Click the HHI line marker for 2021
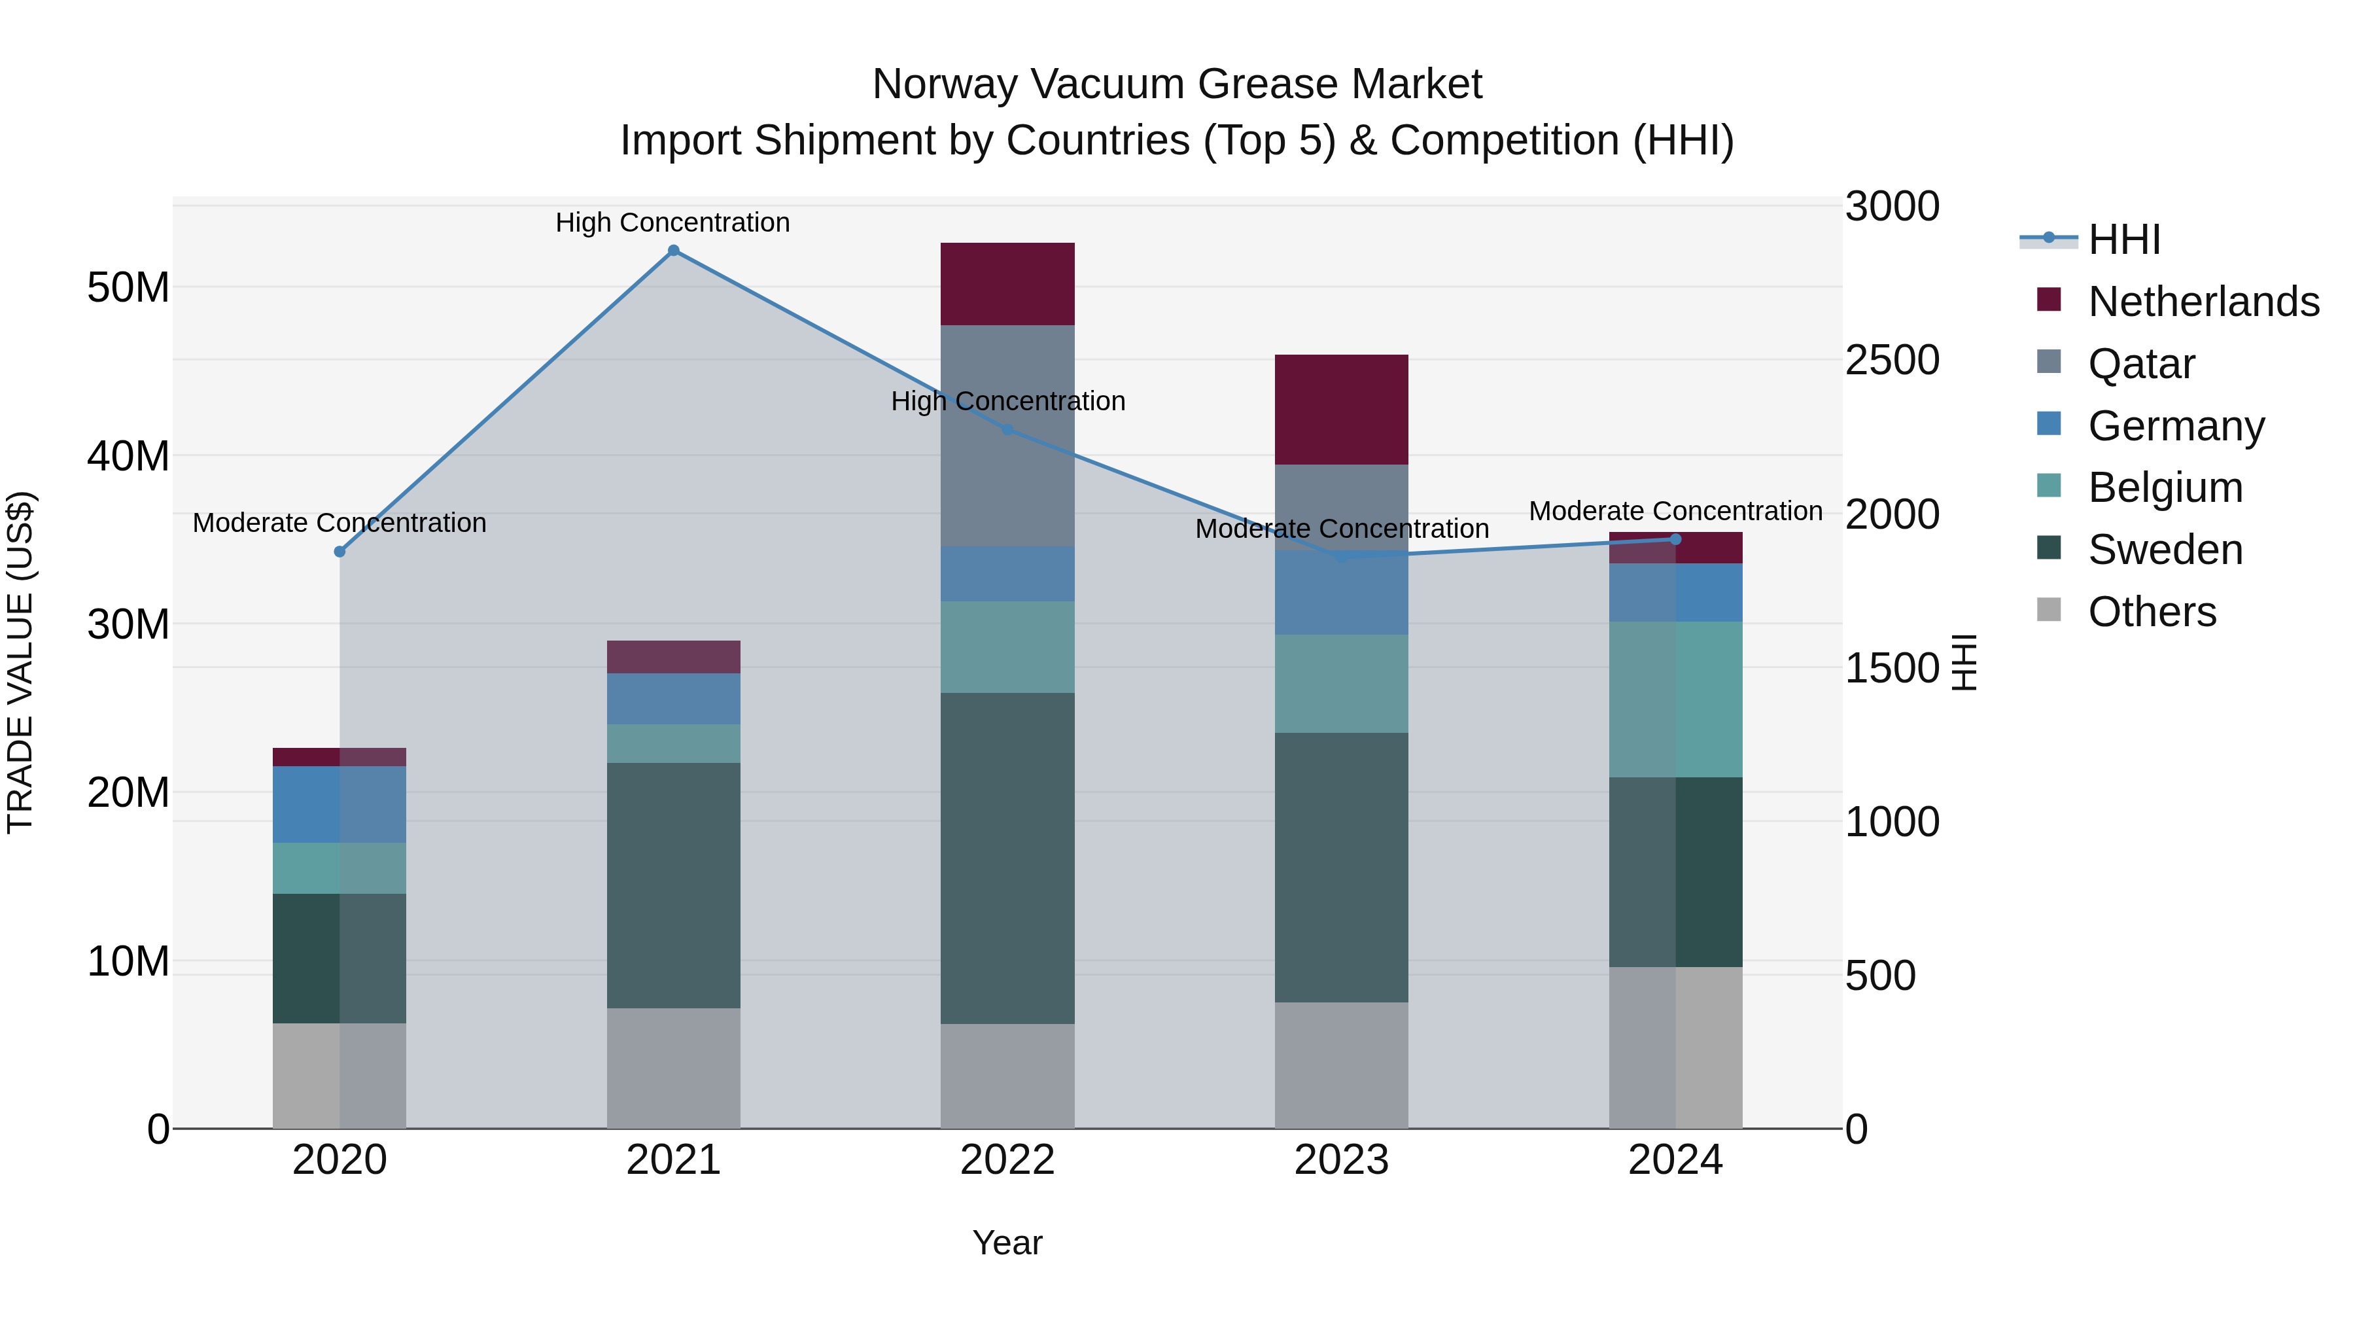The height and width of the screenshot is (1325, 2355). point(673,251)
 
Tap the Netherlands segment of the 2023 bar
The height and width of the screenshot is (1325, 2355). point(1341,410)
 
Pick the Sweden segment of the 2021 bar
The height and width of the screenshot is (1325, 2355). point(673,885)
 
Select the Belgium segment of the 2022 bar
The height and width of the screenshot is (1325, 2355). point(1007,646)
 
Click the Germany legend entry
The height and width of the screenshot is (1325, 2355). point(2176,426)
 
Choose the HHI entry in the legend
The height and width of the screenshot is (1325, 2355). point(2123,239)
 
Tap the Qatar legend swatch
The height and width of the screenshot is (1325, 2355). point(2049,362)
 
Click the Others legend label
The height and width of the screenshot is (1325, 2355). point(2152,612)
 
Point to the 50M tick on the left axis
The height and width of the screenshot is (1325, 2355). point(128,288)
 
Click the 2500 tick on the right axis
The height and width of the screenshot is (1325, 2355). point(1891,361)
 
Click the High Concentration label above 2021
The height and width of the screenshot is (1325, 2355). point(673,222)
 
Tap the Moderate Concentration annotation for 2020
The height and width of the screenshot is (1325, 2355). point(339,523)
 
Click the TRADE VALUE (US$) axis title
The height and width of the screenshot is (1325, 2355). point(20,662)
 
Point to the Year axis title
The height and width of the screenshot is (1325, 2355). point(1007,1243)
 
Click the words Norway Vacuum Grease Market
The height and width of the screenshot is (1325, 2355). point(1177,84)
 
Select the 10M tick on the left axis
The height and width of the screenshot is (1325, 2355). point(128,961)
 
